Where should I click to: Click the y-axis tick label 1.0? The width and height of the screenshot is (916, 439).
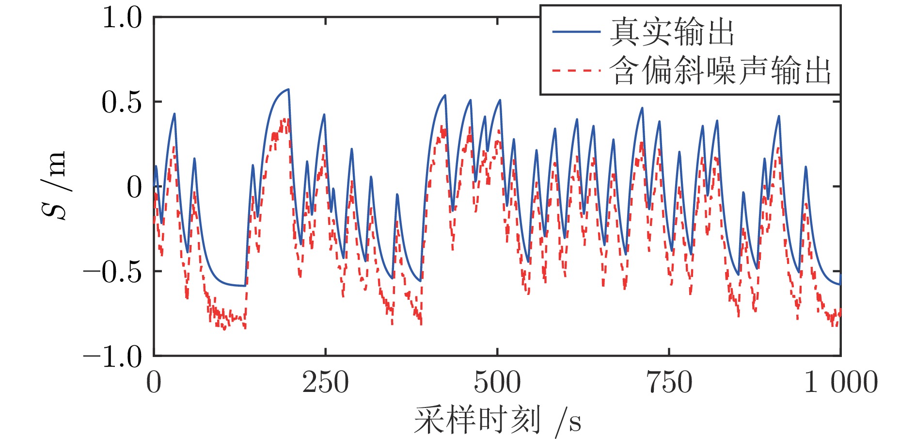pyautogui.click(x=122, y=18)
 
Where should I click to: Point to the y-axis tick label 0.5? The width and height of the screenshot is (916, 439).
pyautogui.click(x=122, y=102)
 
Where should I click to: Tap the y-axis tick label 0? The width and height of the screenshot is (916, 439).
pyautogui.click(x=134, y=187)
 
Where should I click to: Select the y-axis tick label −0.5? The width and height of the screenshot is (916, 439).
pyautogui.click(x=112, y=272)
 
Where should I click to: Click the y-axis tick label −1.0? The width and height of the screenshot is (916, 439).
pyautogui.click(x=112, y=358)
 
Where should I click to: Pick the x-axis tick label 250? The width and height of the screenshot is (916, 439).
pyautogui.click(x=325, y=383)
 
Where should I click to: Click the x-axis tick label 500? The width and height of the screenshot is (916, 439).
pyautogui.click(x=497, y=383)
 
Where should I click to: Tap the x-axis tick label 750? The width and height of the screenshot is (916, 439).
pyautogui.click(x=669, y=383)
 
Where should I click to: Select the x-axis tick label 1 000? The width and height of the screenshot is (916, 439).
pyautogui.click(x=840, y=383)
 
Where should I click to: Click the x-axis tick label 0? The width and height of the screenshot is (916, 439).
pyautogui.click(x=154, y=383)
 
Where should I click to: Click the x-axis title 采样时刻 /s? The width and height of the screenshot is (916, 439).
pyautogui.click(x=497, y=420)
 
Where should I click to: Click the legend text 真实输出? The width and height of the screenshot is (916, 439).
pyautogui.click(x=672, y=32)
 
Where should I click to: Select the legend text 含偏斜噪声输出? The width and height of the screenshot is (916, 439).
pyautogui.click(x=720, y=71)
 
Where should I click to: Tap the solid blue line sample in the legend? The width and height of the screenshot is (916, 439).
pyautogui.click(x=576, y=32)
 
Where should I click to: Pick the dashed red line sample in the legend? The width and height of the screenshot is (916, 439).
pyautogui.click(x=576, y=71)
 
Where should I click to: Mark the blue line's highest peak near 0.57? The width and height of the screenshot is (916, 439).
pyautogui.click(x=288, y=89)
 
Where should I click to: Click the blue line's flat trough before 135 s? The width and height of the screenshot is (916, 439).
pyautogui.click(x=237, y=285)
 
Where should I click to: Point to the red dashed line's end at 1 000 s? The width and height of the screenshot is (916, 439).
pyautogui.click(x=840, y=310)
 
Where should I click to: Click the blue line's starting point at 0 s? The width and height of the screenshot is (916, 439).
pyautogui.click(x=154, y=186)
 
